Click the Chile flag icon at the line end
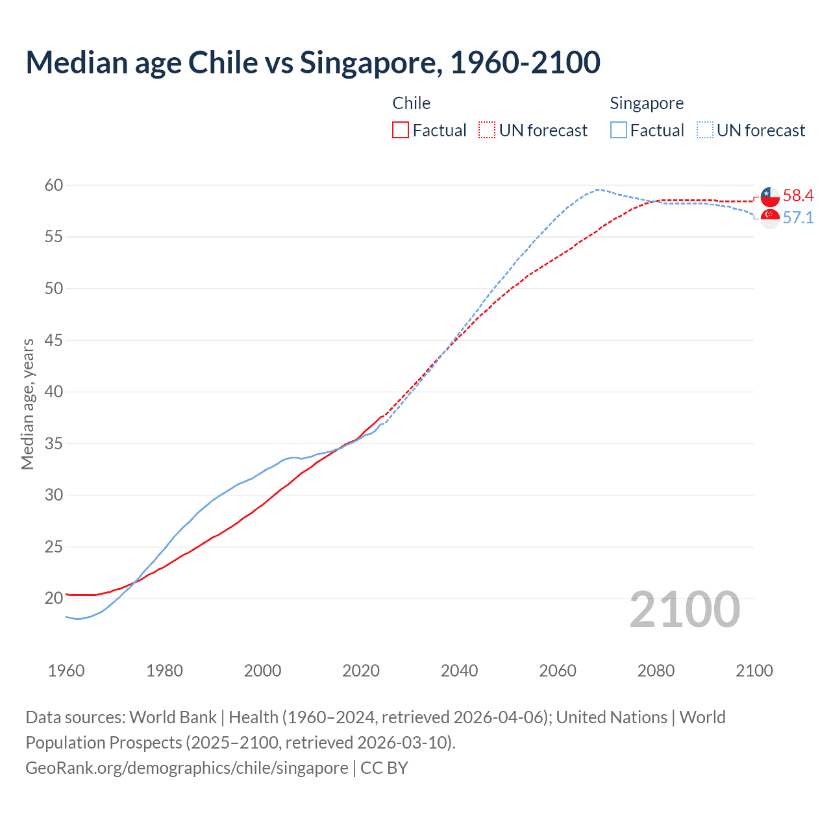(x=770, y=196)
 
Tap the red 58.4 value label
(x=798, y=196)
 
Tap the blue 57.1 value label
(x=798, y=218)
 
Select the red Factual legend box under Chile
(x=401, y=130)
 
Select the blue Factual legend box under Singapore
(x=619, y=130)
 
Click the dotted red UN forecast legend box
(x=487, y=130)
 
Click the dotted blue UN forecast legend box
(x=705, y=130)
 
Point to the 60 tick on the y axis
(x=54, y=186)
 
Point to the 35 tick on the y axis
(x=54, y=444)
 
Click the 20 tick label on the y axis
(x=54, y=599)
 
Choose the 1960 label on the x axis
(x=66, y=671)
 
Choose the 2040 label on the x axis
(x=459, y=671)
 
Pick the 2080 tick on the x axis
(x=656, y=671)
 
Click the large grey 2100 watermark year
(x=685, y=610)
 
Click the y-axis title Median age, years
(x=27, y=404)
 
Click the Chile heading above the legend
(x=411, y=103)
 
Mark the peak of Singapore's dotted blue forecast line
(x=597, y=190)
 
